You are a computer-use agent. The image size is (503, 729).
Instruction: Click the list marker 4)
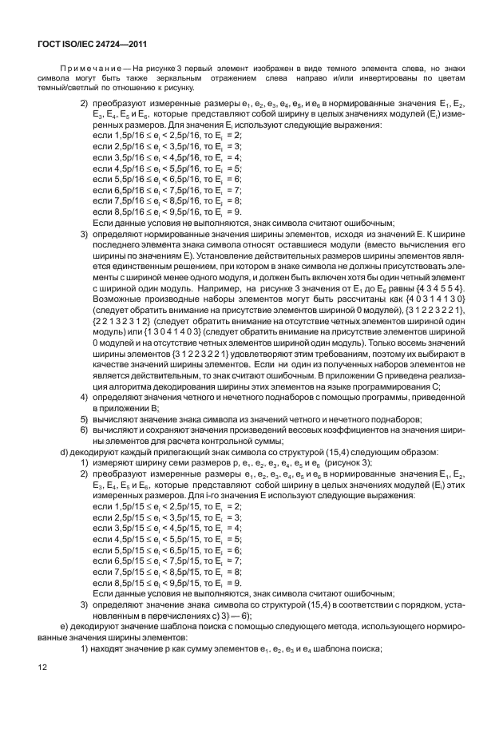coord(84,396)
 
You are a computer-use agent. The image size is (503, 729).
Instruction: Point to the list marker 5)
coord(84,418)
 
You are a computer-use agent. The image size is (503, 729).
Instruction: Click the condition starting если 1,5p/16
coord(167,137)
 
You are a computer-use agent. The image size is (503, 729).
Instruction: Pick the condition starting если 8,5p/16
coord(167,212)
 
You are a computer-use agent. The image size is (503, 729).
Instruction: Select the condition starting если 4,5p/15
coord(167,539)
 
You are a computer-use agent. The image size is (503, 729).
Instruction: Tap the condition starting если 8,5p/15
coord(167,583)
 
